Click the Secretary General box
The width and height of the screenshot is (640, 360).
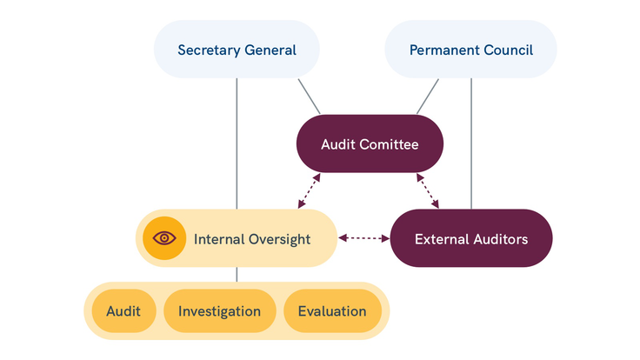(237, 50)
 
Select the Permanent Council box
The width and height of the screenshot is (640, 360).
(470, 50)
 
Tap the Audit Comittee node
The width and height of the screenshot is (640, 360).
(370, 143)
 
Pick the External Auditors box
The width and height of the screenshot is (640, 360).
(470, 238)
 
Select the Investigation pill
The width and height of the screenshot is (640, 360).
(218, 311)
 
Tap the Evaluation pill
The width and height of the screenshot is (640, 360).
(332, 311)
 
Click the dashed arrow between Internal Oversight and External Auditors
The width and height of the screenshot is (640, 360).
(363, 237)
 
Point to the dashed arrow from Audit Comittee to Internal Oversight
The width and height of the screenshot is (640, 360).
(310, 191)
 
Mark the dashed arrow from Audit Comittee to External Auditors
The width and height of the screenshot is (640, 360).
(428, 191)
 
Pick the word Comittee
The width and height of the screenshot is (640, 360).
(390, 143)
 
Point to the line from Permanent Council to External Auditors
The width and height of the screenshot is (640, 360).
(470, 143)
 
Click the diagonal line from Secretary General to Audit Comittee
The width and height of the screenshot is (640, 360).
(309, 97)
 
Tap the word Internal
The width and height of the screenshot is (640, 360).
(217, 239)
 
